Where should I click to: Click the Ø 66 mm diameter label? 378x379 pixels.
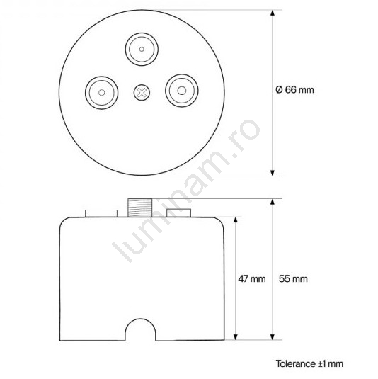pos(294,90)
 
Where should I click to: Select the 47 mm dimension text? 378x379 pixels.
pos(252,278)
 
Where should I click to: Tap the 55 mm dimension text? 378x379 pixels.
pos(293,278)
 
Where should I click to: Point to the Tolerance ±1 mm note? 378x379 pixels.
pos(309,364)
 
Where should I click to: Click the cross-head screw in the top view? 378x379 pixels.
pos(142,92)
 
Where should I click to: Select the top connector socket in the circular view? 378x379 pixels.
pos(142,50)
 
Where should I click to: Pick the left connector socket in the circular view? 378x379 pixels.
pos(102,93)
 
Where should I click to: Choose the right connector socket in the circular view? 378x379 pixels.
pos(182,91)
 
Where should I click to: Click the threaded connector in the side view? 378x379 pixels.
pos(140,208)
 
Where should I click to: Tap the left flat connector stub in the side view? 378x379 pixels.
pos(101,213)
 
